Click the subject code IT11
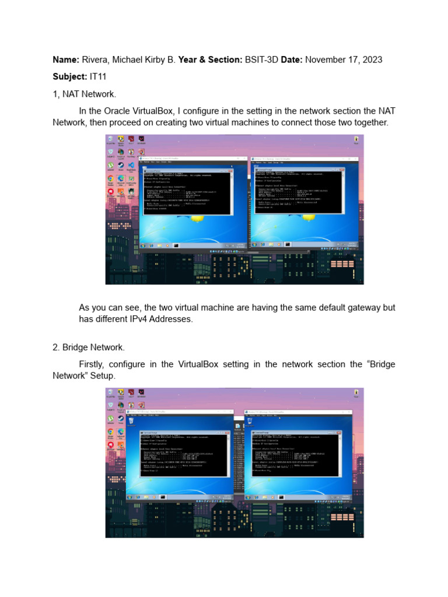click(99, 76)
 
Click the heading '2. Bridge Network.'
click(88, 347)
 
